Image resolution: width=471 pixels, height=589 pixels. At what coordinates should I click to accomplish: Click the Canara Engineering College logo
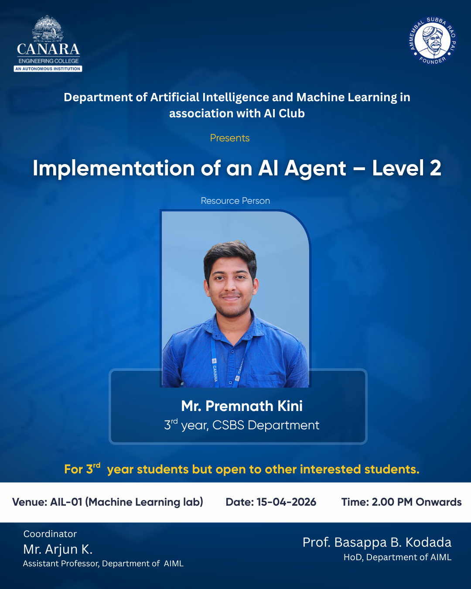point(48,44)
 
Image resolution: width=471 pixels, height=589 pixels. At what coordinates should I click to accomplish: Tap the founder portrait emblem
point(433,41)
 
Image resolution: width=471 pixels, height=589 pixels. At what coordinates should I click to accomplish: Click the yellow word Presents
point(230,138)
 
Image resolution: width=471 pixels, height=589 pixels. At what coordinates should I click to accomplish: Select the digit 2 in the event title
point(435,168)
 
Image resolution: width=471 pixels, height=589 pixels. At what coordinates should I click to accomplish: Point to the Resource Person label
point(235,201)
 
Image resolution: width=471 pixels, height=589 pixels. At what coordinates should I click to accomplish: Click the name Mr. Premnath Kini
point(242,406)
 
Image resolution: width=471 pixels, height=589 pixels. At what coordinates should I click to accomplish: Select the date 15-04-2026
point(286,502)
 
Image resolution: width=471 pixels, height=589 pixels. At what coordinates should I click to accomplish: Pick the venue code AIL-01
point(66,502)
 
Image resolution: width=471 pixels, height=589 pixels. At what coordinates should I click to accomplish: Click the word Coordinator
point(50,534)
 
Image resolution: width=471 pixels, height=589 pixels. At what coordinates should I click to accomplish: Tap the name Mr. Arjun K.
point(58,549)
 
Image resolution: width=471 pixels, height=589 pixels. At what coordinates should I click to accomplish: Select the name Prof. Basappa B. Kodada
point(377,542)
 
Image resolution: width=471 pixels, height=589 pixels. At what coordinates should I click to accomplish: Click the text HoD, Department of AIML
point(397,557)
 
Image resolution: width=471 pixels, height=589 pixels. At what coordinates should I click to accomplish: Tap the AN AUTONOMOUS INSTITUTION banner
point(48,68)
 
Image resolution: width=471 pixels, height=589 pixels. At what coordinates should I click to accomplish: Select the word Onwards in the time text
point(438,502)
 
